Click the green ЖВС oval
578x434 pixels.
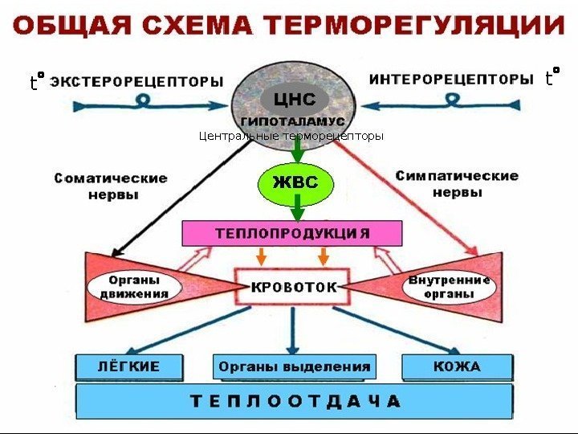point(295,183)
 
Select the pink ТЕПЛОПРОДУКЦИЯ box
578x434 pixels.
point(291,233)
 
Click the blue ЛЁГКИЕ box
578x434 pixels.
point(128,366)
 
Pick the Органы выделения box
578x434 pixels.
point(295,366)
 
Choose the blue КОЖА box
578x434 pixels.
point(456,366)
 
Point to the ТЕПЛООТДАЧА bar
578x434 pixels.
point(294,400)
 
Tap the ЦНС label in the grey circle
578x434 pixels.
point(295,100)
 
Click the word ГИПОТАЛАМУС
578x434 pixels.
point(295,120)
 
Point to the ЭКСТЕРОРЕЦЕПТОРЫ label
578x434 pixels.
point(137,81)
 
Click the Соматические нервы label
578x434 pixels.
point(111,186)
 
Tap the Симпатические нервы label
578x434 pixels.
point(457,183)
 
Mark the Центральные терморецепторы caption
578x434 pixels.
point(291,136)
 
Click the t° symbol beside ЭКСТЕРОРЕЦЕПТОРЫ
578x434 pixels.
point(35,81)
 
